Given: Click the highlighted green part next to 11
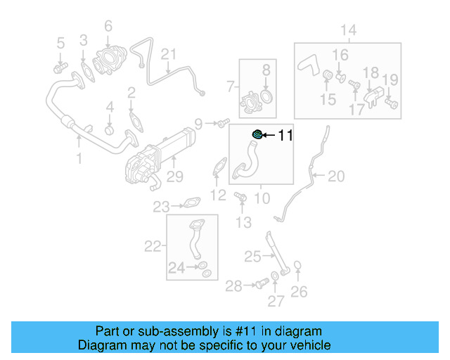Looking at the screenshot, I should click(257, 134).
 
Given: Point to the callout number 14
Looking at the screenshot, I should click(349, 30).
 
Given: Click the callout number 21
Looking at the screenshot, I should click(168, 54).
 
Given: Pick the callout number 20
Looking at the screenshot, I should click(336, 176).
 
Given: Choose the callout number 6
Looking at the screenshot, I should click(108, 27).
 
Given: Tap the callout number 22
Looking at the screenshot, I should click(153, 246).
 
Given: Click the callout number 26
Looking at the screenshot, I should click(299, 290).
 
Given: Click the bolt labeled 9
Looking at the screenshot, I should click(222, 124).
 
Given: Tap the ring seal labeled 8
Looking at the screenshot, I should click(266, 96).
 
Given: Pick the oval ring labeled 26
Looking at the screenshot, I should click(298, 266).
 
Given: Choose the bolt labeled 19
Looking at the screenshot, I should click(392, 103).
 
